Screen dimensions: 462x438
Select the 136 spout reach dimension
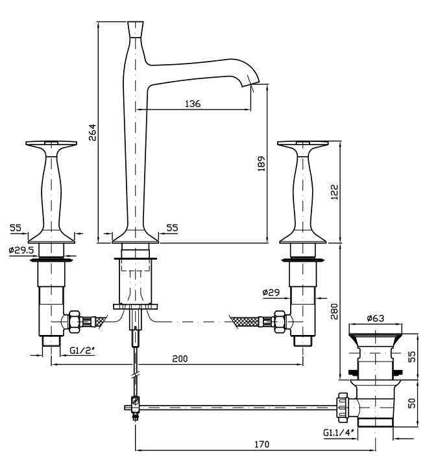193,103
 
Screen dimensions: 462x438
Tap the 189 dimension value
262,163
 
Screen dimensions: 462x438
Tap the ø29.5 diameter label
22,251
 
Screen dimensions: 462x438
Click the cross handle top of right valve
303,143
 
